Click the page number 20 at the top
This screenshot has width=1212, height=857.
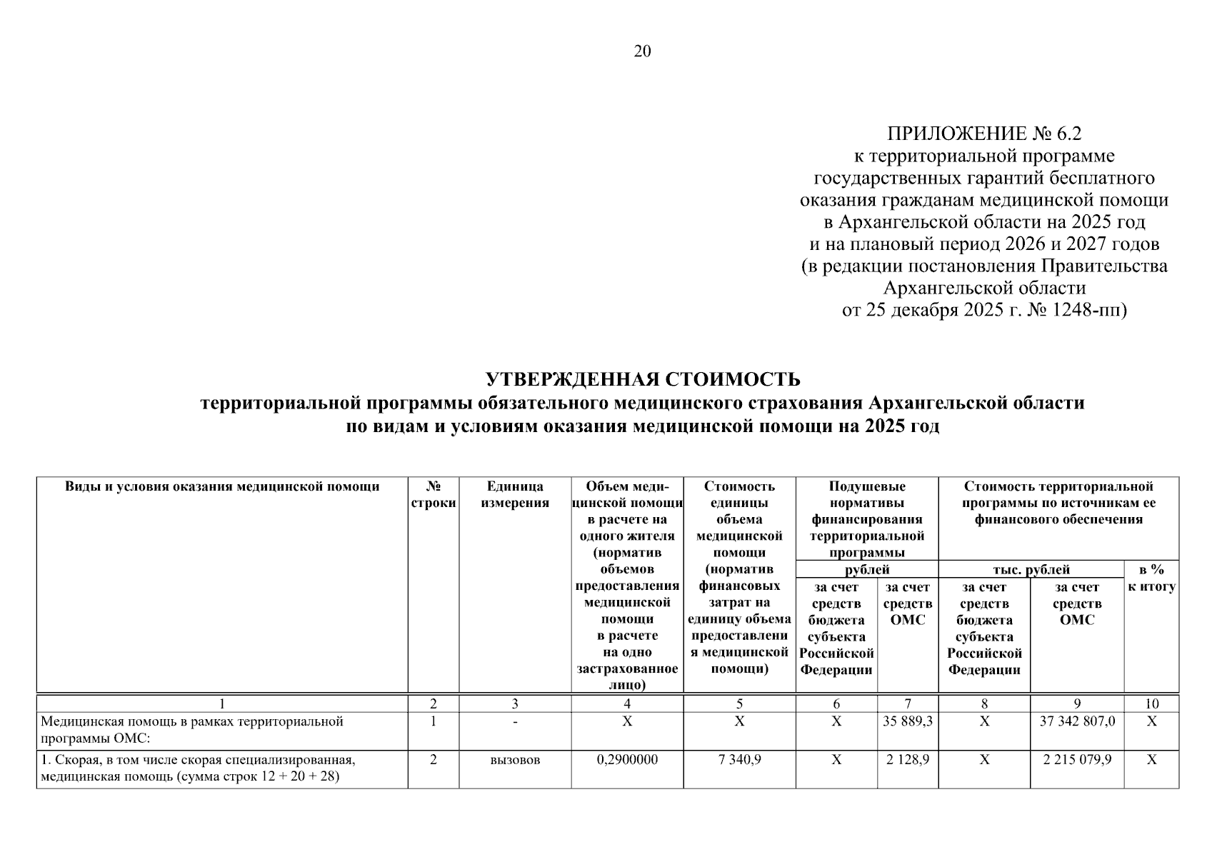click(x=641, y=51)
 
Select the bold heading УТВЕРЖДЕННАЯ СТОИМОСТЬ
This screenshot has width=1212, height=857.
click(x=642, y=379)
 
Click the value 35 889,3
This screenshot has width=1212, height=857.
click(x=907, y=722)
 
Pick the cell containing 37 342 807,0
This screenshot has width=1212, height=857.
click(x=1076, y=722)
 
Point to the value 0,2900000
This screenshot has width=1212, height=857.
click(x=626, y=761)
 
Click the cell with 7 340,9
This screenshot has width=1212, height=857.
click(x=739, y=761)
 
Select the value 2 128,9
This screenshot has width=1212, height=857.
click(x=907, y=761)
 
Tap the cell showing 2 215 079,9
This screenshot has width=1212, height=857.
click(x=1076, y=761)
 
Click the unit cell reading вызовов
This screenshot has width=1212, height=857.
click(x=514, y=761)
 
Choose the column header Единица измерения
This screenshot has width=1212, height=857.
click(x=514, y=495)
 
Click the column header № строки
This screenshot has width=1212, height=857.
click(x=433, y=495)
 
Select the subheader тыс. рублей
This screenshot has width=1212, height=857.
click(x=1031, y=570)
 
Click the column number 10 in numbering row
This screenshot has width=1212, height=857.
click(x=1151, y=704)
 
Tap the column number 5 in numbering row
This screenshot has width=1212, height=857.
click(x=739, y=704)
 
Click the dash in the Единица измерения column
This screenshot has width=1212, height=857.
click(x=514, y=722)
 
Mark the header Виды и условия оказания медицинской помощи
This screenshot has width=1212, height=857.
click(x=221, y=487)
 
